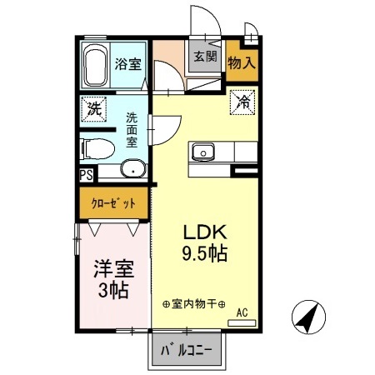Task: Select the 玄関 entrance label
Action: [x=205, y=57]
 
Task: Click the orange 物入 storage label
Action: [x=242, y=62]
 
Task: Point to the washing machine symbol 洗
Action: [x=94, y=109]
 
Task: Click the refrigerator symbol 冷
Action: [x=242, y=103]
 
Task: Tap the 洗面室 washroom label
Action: [x=132, y=130]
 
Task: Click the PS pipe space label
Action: [x=86, y=175]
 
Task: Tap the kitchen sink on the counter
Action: [x=202, y=152]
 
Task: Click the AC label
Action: [x=242, y=312]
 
